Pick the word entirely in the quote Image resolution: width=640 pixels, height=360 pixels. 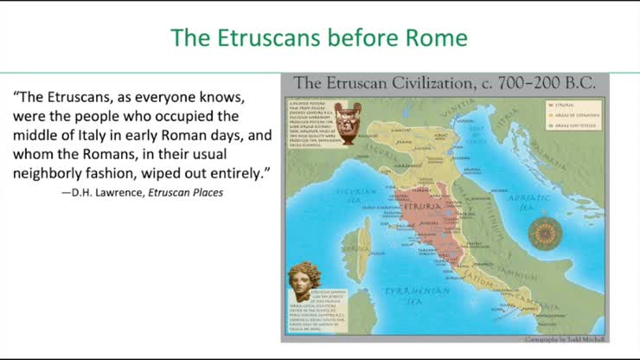238,173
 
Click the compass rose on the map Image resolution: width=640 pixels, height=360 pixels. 543,232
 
